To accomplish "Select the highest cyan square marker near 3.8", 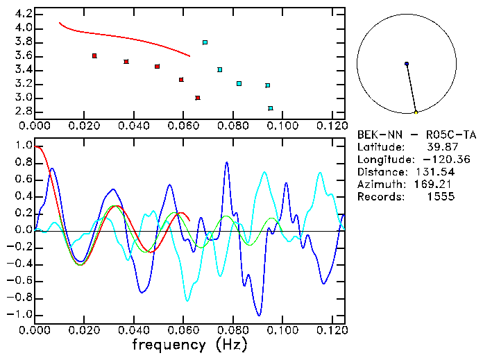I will pos(205,42).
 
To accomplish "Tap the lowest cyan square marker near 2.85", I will pos(271,108).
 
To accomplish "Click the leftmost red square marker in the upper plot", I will pos(94,55).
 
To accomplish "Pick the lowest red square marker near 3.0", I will pos(198,98).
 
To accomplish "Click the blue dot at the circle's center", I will pos(407,64).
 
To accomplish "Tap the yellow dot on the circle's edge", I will pos(416,112).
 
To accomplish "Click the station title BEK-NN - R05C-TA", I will pos(417,135).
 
